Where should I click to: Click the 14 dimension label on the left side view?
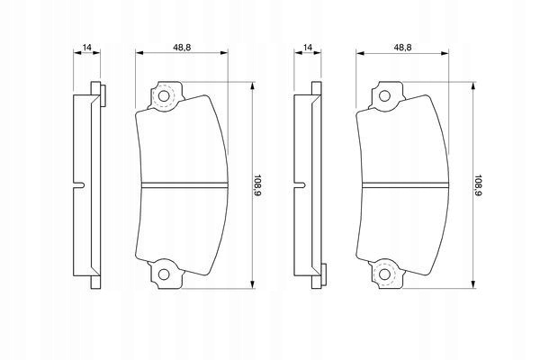click(x=87, y=48)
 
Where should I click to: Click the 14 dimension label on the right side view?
click(x=308, y=48)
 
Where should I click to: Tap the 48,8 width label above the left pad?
click(x=182, y=48)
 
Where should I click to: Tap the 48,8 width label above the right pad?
click(x=402, y=48)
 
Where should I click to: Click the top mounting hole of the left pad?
click(x=164, y=96)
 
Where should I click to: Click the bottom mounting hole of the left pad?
click(x=164, y=274)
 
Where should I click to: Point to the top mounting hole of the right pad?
click(x=384, y=96)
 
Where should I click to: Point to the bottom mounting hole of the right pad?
click(x=384, y=274)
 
